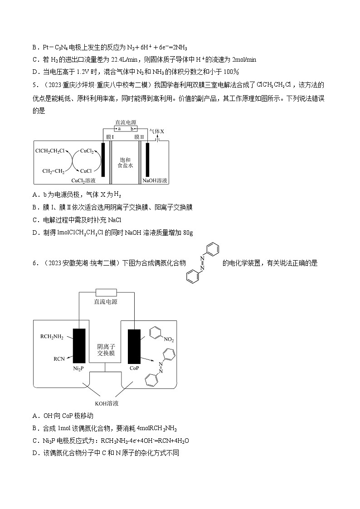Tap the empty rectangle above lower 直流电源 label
click(x=105, y=292)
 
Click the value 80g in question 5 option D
click(x=188, y=233)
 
